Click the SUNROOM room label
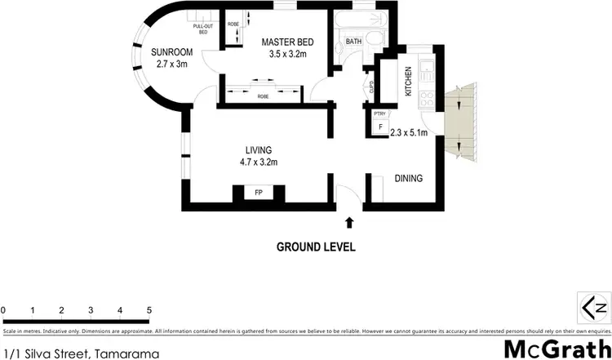169,53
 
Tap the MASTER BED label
287,42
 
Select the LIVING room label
258,149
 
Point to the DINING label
408,178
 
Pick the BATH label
353,41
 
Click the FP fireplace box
258,193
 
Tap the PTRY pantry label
379,114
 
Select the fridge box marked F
379,127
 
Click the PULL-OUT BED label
202,29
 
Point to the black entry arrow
350,221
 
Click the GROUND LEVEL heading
316,247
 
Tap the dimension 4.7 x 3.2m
258,162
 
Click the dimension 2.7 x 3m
169,65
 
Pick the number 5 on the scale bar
149,310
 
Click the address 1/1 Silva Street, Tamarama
79,354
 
